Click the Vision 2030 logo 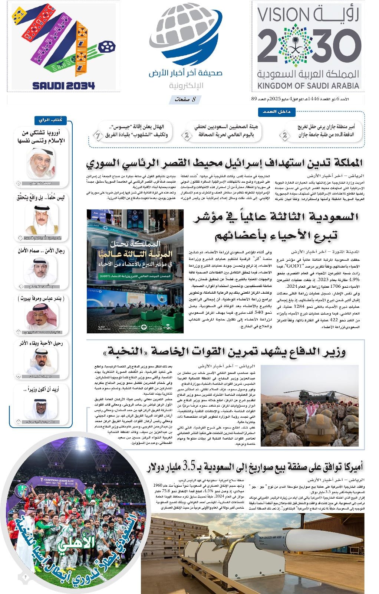[x=309, y=47]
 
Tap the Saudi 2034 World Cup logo [x=63, y=47]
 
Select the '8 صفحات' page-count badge [x=184, y=99]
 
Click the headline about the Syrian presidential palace [x=224, y=163]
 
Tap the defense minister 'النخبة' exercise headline [x=225, y=351]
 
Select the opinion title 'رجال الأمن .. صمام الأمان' [x=41, y=251]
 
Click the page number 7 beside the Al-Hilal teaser [x=98, y=136]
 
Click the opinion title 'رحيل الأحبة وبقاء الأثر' [x=41, y=343]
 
